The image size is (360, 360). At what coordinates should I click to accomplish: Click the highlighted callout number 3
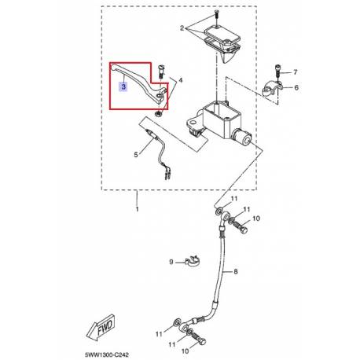(x=123, y=86)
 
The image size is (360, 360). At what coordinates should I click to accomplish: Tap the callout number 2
(x=182, y=28)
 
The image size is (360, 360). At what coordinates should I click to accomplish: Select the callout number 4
(x=180, y=80)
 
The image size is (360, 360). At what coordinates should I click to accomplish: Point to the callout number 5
(x=136, y=155)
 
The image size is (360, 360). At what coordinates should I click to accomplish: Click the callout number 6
(x=296, y=87)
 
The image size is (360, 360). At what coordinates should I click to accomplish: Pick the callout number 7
(x=295, y=72)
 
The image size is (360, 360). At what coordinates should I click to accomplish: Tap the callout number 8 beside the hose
(x=235, y=271)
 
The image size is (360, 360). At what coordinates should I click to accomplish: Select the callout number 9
(x=171, y=262)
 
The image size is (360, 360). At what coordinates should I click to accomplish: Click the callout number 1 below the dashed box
(x=137, y=209)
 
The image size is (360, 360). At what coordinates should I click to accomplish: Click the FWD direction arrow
(x=100, y=328)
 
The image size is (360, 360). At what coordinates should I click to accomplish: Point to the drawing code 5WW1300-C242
(x=107, y=355)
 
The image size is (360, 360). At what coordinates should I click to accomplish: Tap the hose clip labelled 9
(x=193, y=260)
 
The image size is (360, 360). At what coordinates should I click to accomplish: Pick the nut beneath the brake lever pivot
(x=158, y=114)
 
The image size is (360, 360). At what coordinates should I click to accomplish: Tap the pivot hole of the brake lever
(x=160, y=96)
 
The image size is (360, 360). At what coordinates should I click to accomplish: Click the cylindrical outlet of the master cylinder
(x=242, y=137)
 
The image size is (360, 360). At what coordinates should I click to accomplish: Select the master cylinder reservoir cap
(x=222, y=35)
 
